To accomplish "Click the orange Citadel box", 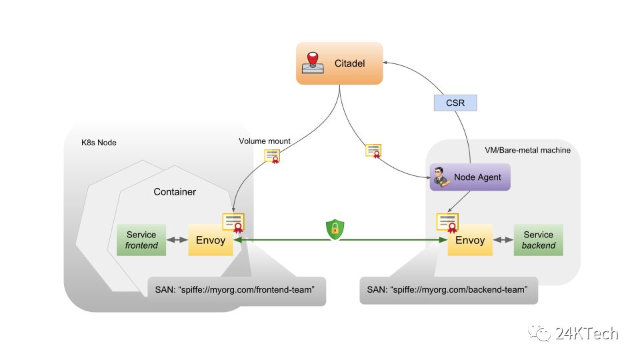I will click(x=340, y=63).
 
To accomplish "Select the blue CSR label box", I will click(x=455, y=103).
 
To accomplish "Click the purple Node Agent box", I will click(x=470, y=177).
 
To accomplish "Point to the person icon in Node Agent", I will click(x=440, y=177).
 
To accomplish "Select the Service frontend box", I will click(x=141, y=240).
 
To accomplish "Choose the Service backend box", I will click(x=538, y=240).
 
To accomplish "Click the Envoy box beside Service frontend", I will click(x=211, y=240).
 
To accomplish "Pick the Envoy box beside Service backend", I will click(x=470, y=240).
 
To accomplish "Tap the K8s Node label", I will click(x=98, y=143).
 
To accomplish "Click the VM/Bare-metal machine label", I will click(x=528, y=150).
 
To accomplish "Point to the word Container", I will click(x=175, y=192).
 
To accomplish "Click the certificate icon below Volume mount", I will click(x=272, y=156).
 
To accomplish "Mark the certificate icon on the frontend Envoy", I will click(x=233, y=223).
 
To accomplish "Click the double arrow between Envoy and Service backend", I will click(x=503, y=240).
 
